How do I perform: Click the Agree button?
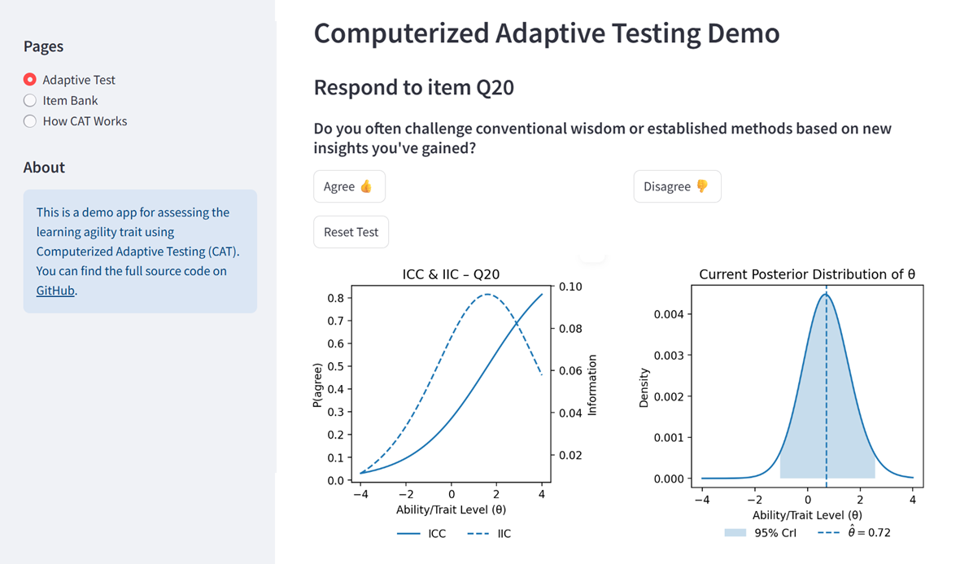pos(349,186)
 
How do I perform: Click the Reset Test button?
pos(351,232)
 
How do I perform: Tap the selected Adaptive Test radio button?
pos(29,80)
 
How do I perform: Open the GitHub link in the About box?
pos(55,291)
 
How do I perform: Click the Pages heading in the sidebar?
pos(43,46)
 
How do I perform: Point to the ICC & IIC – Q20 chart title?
pos(451,274)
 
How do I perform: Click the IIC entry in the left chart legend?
pos(489,533)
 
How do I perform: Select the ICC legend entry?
pos(421,533)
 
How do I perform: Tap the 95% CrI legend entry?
pos(760,533)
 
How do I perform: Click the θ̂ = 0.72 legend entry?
pos(854,532)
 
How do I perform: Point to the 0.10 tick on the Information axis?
pos(570,286)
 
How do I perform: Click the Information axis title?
pos(592,385)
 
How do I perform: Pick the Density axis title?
pos(644,387)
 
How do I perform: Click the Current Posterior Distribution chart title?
pos(807,274)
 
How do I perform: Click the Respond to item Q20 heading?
pos(414,88)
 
